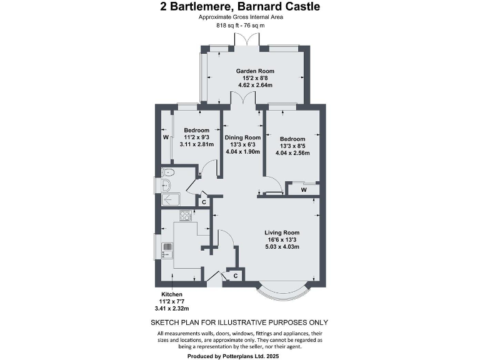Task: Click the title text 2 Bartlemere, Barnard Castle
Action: [240, 7]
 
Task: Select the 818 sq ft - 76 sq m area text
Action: [240, 26]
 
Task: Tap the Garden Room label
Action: [252, 71]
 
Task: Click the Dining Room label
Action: [243, 137]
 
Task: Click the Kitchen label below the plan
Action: [172, 294]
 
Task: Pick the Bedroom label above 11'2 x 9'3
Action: [197, 130]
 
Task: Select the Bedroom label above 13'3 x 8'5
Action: [292, 139]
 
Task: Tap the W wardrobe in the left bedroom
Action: [166, 137]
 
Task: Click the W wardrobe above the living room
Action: [303, 189]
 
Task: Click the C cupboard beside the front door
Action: [236, 275]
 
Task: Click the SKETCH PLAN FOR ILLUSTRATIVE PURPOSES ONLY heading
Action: [240, 322]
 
